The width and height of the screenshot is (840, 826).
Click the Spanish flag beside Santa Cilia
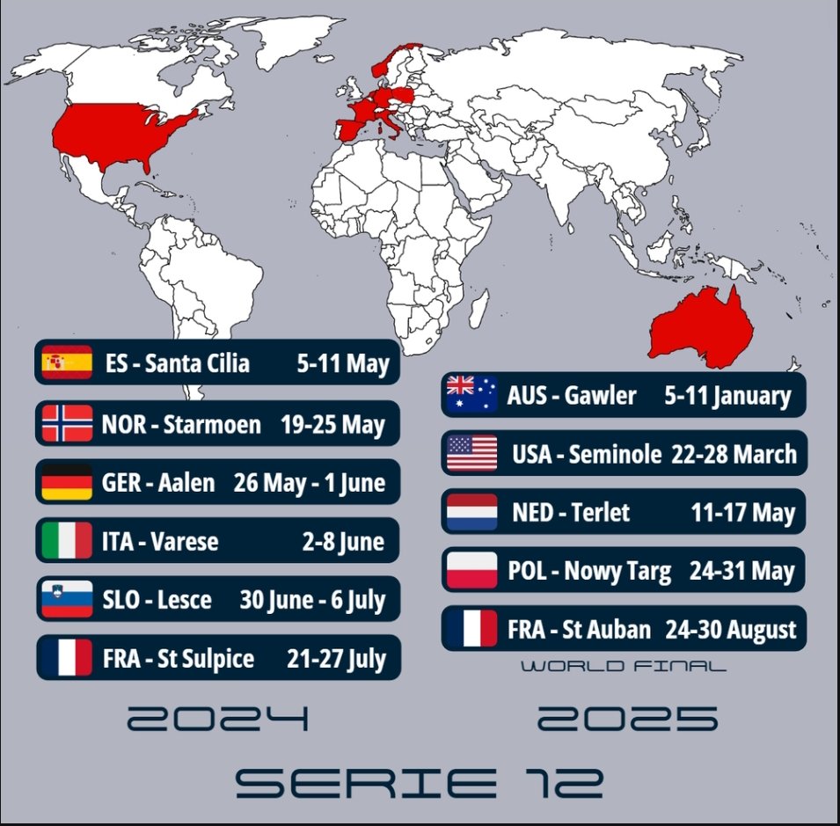[x=67, y=362]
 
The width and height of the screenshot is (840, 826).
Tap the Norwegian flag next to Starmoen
[x=67, y=423]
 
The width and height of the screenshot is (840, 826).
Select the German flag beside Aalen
[x=67, y=482]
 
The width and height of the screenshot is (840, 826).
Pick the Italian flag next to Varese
[x=67, y=540]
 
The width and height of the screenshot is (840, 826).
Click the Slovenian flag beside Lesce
[x=67, y=599]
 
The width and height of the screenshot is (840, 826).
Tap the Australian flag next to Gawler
[x=472, y=394]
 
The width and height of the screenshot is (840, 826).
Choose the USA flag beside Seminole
[x=472, y=453]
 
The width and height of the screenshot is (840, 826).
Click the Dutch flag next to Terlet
[x=472, y=511]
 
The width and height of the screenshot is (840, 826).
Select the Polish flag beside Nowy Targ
[x=472, y=570]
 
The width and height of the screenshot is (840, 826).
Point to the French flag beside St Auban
[x=472, y=628]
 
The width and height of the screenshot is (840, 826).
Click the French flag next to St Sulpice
[x=67, y=657]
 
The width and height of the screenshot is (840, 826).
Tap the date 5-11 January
[x=727, y=395]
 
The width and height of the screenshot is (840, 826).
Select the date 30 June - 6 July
[x=312, y=600]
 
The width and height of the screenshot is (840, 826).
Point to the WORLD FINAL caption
[x=624, y=667]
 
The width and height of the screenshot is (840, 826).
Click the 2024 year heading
[x=218, y=720]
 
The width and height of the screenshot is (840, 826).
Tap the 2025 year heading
[x=627, y=720]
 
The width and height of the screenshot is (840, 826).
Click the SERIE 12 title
[x=419, y=782]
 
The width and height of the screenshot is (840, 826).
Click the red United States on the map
[x=123, y=132]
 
